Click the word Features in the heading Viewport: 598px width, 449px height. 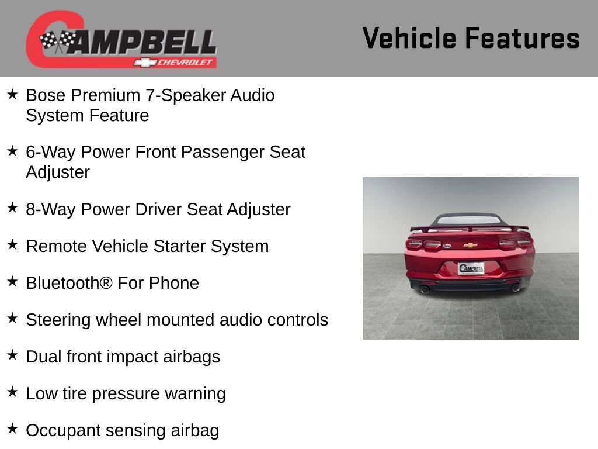[x=522, y=38]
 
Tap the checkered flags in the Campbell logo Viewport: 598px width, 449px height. [x=57, y=41]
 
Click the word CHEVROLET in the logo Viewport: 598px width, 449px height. [x=186, y=63]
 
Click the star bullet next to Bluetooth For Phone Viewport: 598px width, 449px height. [x=12, y=282]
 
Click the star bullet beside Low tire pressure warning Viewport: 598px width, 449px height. [x=12, y=392]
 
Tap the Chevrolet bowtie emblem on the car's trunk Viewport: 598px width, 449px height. [x=471, y=245]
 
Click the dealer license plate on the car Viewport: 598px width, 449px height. [x=471, y=268]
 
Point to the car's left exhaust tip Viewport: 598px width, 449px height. [x=425, y=289]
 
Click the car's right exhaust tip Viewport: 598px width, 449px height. [x=515, y=287]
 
